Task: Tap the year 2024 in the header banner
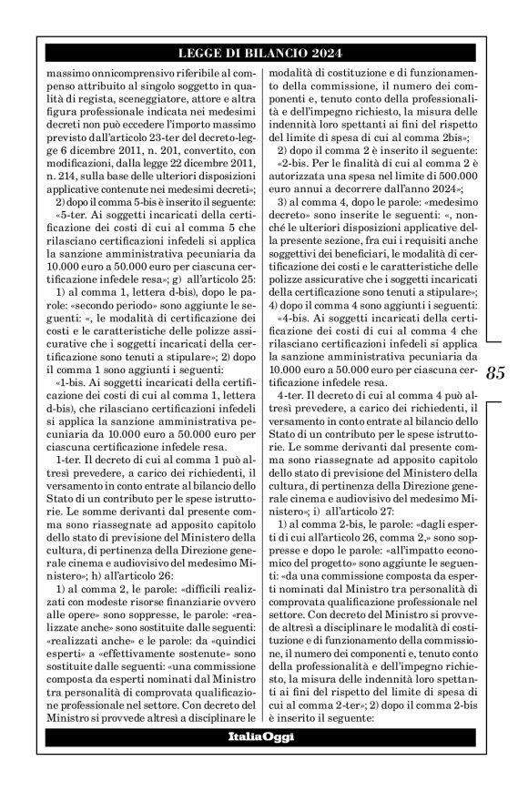pos(322,52)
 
